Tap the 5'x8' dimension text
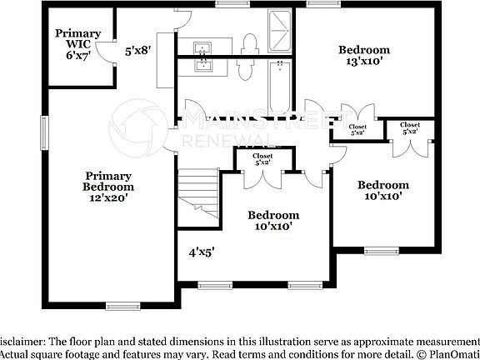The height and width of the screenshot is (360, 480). [137, 50]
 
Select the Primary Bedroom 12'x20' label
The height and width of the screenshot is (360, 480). [108, 182]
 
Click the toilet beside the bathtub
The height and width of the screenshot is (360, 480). [244, 68]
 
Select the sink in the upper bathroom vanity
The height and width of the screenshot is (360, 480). [203, 47]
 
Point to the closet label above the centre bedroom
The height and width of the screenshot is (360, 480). [262, 158]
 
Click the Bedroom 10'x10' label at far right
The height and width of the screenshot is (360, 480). [383, 190]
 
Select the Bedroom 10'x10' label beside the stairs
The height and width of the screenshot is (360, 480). [273, 220]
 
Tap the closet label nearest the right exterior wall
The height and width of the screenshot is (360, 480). [409, 128]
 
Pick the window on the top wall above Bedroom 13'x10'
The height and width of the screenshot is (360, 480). [320, 3]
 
